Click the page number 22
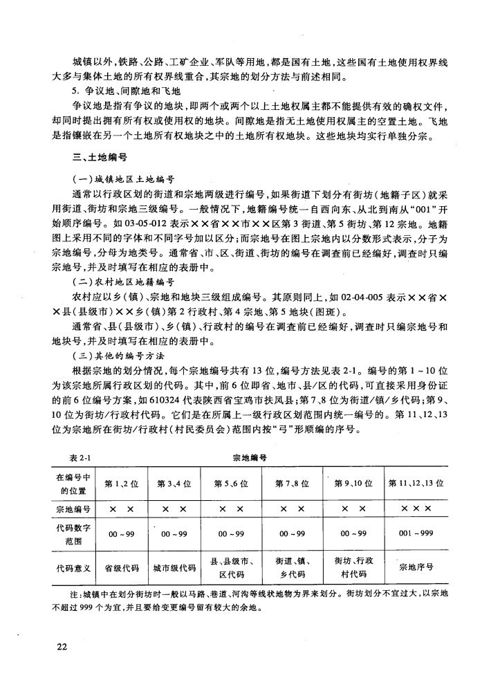(x=61, y=646)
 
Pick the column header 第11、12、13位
(x=416, y=482)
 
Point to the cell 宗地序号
(x=416, y=567)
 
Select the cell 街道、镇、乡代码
(x=291, y=567)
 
